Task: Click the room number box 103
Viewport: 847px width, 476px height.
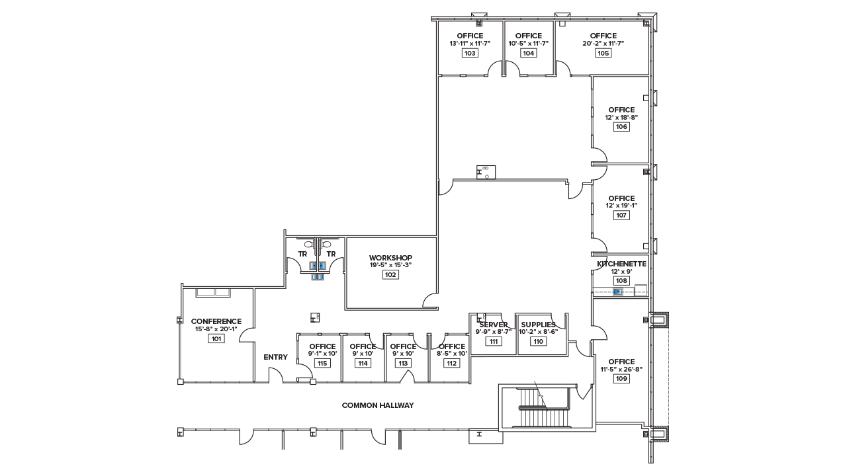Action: (470, 53)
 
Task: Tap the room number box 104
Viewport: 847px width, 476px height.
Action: (528, 53)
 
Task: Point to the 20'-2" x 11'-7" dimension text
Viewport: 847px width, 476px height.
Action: (603, 44)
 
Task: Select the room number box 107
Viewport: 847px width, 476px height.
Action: (621, 215)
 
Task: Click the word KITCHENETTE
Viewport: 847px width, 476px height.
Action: (621, 264)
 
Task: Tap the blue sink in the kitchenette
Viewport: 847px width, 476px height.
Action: (618, 292)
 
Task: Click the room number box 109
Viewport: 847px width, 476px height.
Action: (621, 379)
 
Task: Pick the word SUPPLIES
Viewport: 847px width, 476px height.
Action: (538, 325)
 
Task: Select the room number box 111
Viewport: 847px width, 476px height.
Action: (494, 341)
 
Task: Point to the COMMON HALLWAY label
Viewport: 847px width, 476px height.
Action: (378, 405)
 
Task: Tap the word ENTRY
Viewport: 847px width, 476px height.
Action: (276, 357)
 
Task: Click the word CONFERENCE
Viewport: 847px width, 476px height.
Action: (216, 321)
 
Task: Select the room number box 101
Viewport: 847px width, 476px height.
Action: (216, 338)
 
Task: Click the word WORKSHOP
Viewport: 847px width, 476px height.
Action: (390, 258)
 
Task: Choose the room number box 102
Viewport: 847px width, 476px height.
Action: (390, 274)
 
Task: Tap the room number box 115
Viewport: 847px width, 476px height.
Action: (322, 363)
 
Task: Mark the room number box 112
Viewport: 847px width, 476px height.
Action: (451, 363)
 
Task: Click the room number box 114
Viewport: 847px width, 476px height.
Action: (363, 363)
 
